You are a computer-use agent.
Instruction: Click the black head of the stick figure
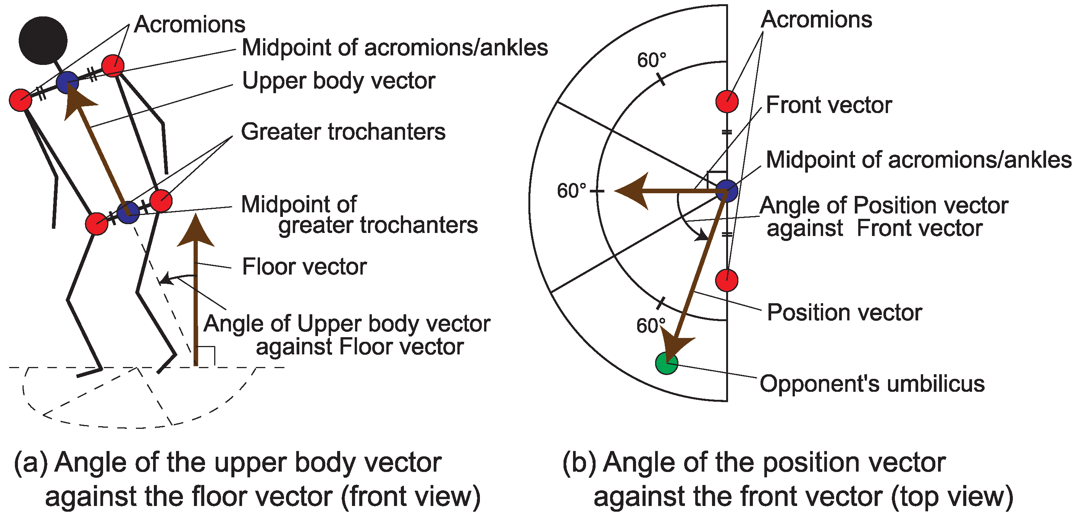[43, 40]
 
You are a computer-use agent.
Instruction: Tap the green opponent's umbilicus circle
[666, 363]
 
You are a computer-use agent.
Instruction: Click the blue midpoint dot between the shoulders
[67, 82]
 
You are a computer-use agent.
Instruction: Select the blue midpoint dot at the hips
[128, 212]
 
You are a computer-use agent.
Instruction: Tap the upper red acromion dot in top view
[727, 101]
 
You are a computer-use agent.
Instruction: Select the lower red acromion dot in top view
[727, 280]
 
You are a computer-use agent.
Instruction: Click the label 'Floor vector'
[304, 267]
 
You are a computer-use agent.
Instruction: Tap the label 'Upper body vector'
[339, 81]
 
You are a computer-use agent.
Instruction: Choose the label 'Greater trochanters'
[343, 132]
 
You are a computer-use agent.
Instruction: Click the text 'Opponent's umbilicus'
[872, 384]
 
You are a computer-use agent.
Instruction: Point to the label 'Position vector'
[844, 312]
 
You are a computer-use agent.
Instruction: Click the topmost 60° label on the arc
[651, 60]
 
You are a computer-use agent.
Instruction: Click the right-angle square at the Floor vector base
[207, 356]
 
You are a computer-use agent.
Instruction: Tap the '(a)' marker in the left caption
[31, 462]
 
